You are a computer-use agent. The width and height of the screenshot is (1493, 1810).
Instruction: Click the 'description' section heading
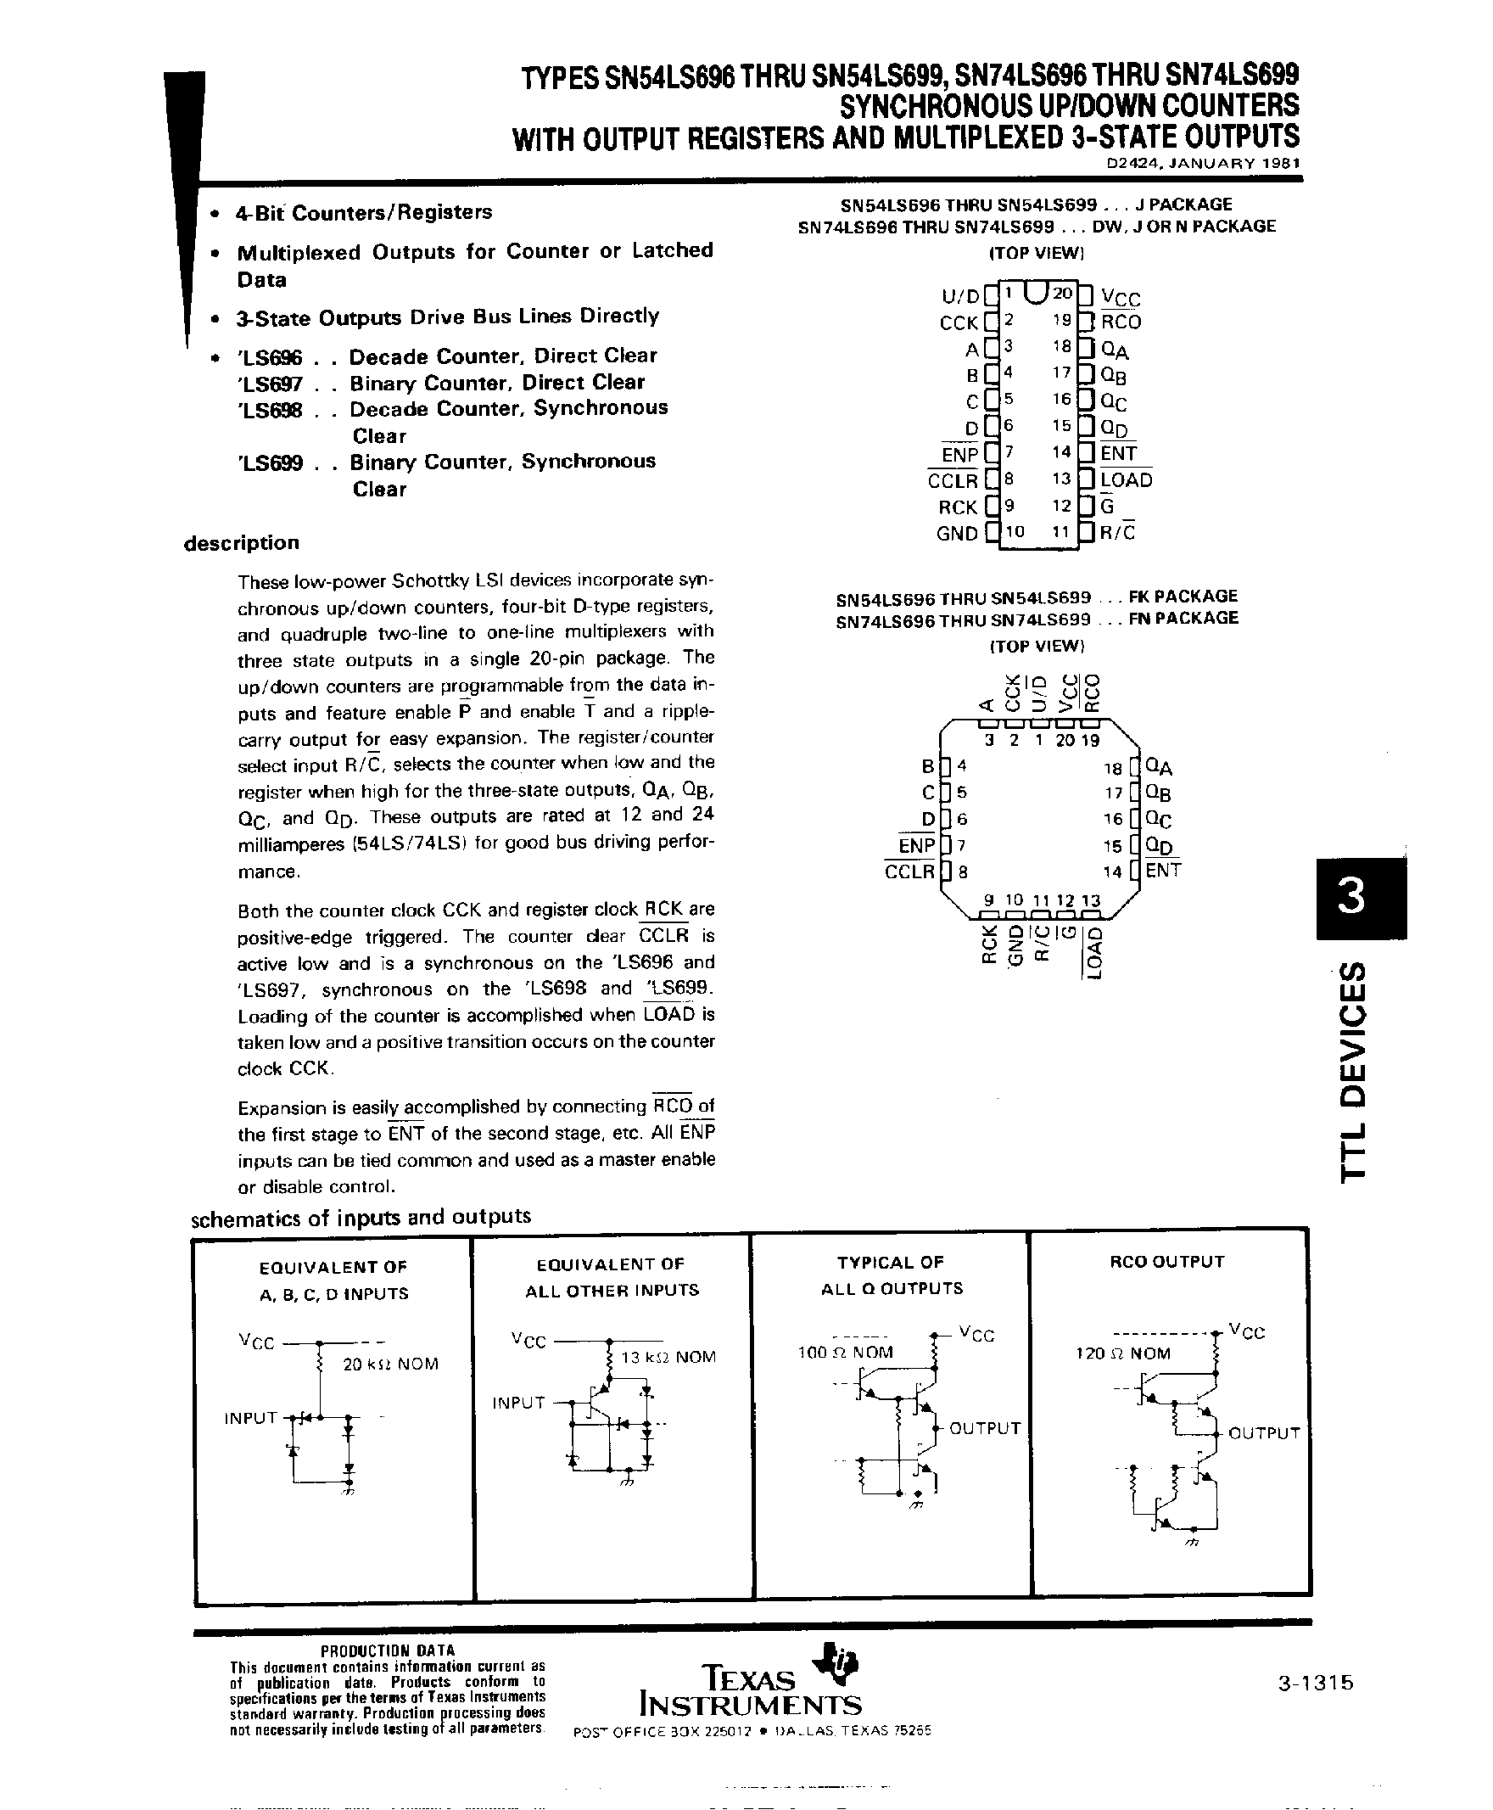(241, 543)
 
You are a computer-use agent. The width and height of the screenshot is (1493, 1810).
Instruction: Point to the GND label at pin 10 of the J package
(956, 534)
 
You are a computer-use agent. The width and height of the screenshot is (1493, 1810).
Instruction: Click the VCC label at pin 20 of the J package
(1121, 299)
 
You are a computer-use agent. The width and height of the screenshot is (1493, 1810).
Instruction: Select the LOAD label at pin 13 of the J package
(1126, 480)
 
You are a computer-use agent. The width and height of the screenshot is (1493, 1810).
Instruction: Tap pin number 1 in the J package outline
(1008, 293)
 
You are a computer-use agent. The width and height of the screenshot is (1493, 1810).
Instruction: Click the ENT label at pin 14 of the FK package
(1163, 870)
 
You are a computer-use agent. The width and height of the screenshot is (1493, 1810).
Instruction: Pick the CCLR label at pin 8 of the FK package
(910, 871)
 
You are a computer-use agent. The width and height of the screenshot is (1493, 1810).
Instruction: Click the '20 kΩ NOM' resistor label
(390, 1364)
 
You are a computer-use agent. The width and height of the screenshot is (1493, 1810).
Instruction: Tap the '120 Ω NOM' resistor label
(1123, 1353)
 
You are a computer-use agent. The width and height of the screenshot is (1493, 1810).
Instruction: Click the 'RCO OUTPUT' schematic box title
(1166, 1262)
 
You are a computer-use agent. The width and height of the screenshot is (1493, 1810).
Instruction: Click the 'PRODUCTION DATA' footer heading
(387, 1650)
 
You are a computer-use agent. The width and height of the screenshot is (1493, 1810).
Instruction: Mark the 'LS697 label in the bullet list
(268, 383)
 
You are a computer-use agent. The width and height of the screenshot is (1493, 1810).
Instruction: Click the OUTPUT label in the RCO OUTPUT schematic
(1263, 1432)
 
